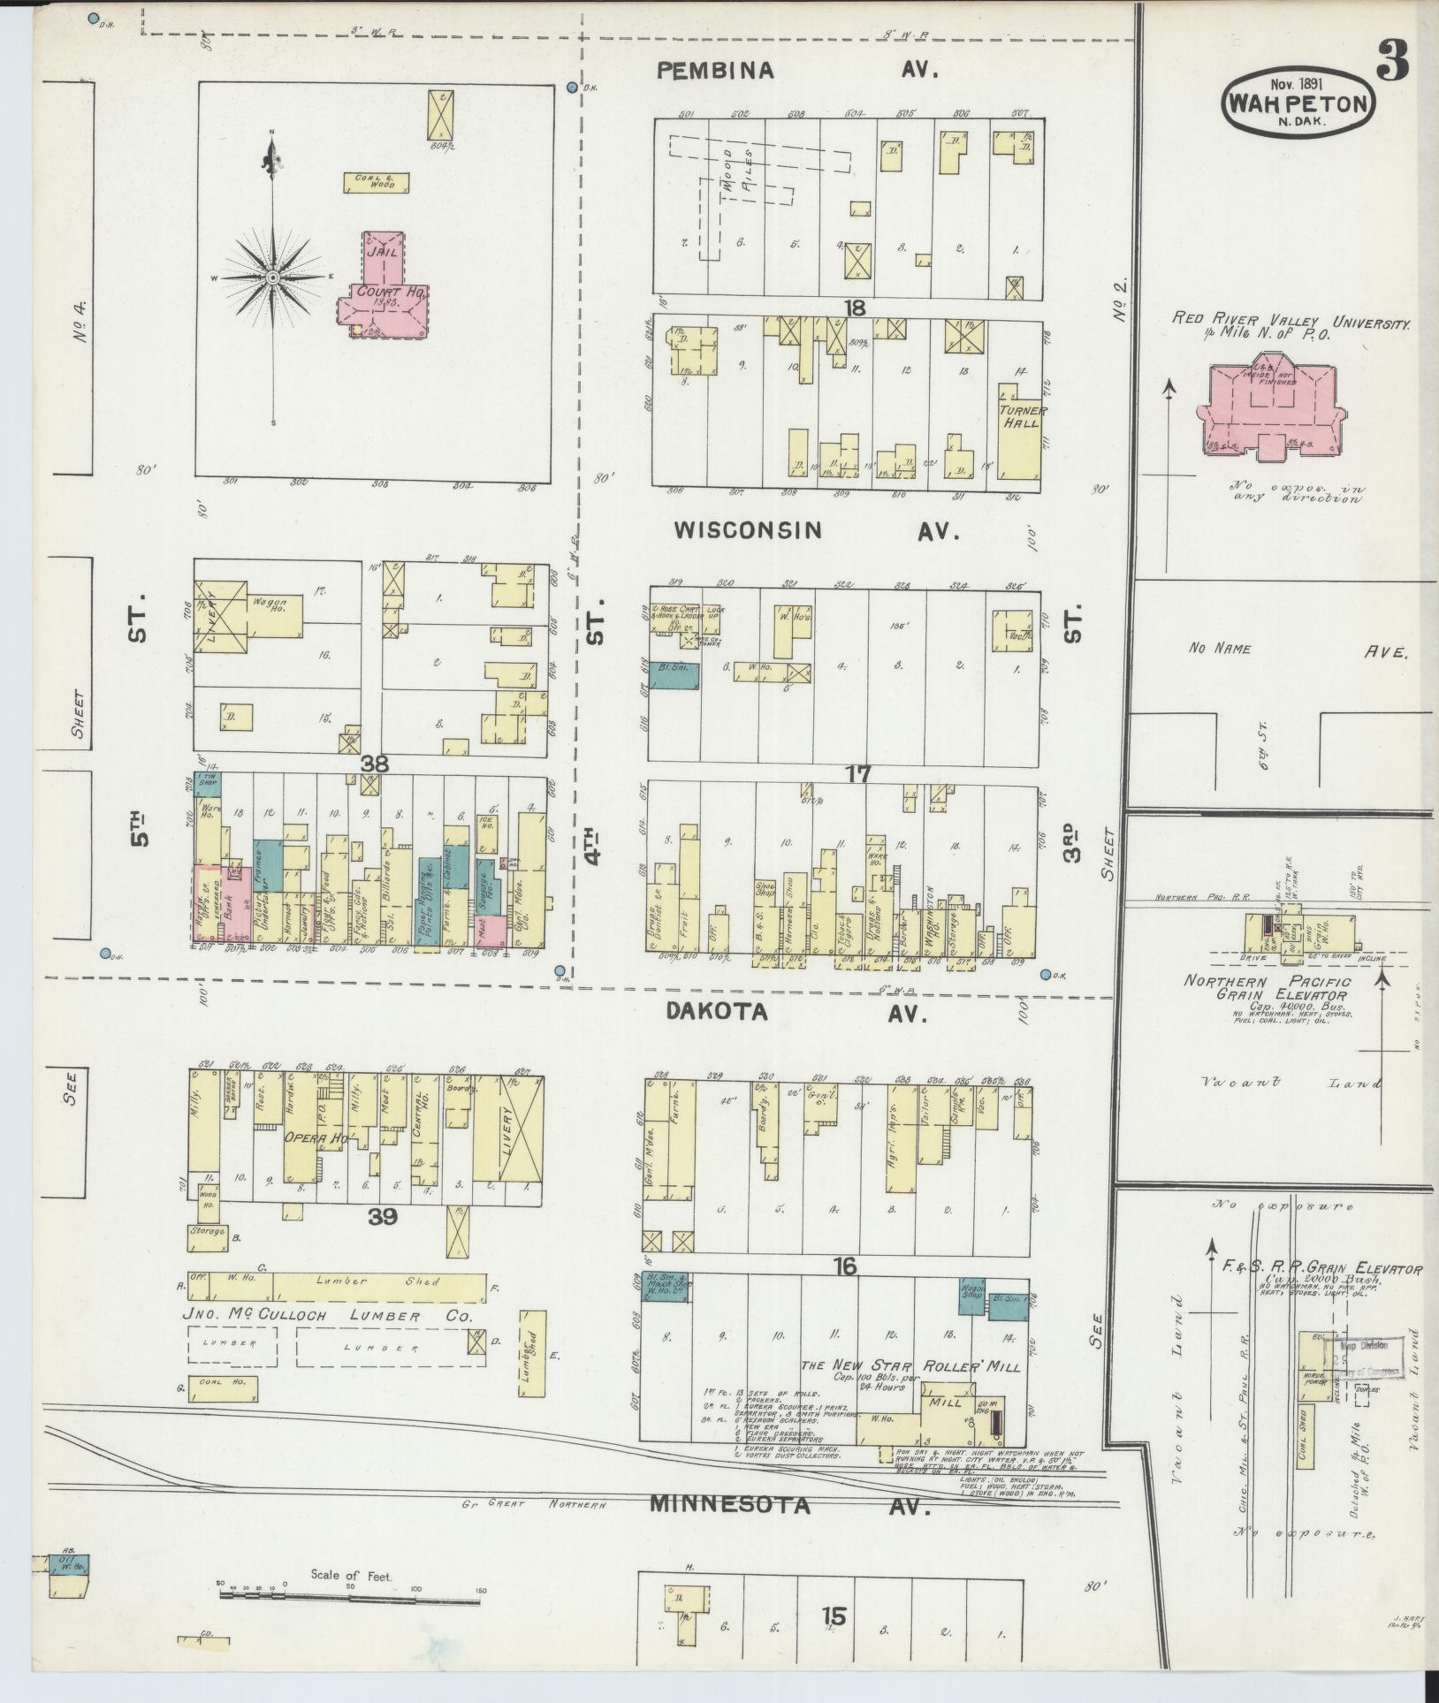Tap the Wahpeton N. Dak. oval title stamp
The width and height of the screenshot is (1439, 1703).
[x=1298, y=103]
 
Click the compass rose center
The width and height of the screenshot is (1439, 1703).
[x=272, y=277]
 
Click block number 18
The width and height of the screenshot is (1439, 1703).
[x=854, y=308]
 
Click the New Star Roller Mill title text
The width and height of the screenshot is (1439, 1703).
[x=910, y=1366]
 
